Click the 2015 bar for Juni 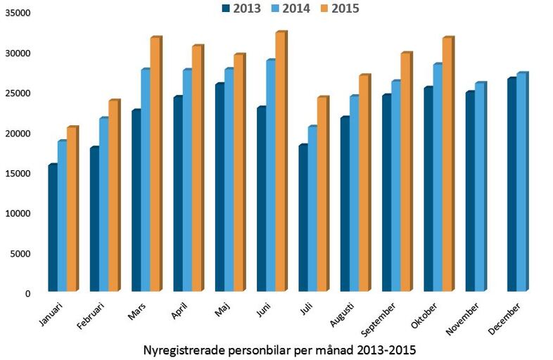281,162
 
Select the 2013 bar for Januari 53,228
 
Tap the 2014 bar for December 521,182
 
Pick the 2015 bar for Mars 155,165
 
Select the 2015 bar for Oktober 447,165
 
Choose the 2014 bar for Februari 103,205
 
